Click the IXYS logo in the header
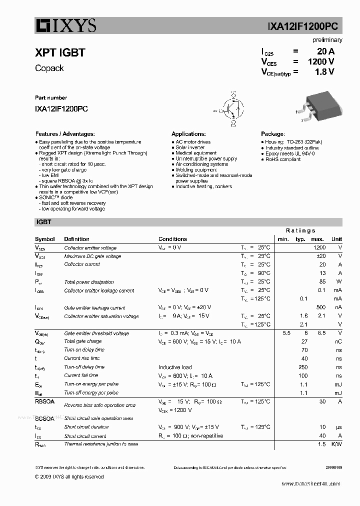point(65,25)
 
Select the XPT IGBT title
point(60,52)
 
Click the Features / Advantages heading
point(65,134)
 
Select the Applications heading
point(188,134)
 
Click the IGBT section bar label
point(43,222)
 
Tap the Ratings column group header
point(300,230)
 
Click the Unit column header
point(336,239)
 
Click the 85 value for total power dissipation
point(322,281)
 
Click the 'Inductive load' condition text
point(175,367)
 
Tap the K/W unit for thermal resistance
point(336,444)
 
